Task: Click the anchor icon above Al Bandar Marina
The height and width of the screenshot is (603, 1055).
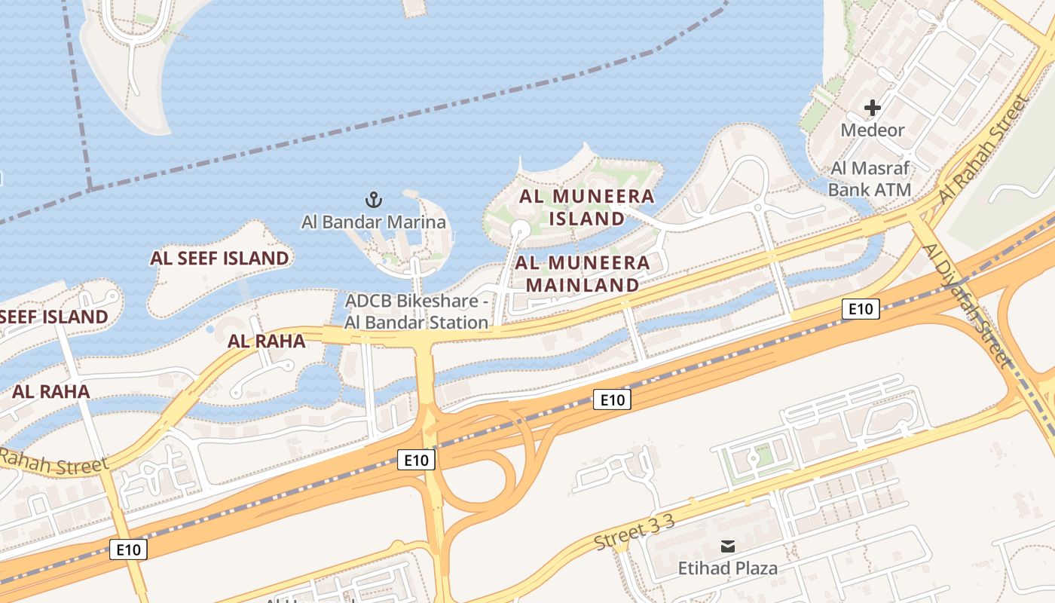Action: [x=374, y=200]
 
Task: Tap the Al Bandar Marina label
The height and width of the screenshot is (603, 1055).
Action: [x=374, y=222]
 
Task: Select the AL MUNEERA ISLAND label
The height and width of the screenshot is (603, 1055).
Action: [x=587, y=207]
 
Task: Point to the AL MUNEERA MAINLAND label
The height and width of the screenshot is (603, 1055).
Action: [x=583, y=274]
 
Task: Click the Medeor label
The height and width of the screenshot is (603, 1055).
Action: [x=872, y=130]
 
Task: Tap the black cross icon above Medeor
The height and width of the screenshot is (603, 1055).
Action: [x=872, y=109]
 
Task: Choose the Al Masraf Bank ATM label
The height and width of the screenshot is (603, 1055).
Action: [x=870, y=179]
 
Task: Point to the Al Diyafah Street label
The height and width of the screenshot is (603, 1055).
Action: [x=968, y=305]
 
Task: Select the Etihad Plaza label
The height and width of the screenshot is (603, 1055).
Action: [x=727, y=568]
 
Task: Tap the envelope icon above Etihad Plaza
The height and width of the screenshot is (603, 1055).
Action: [x=727, y=546]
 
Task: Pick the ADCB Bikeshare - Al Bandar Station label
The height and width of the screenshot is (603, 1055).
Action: [x=417, y=311]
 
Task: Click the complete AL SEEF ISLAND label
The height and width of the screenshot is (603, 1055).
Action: [x=219, y=259]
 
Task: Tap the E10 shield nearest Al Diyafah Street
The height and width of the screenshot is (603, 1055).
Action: [x=860, y=308]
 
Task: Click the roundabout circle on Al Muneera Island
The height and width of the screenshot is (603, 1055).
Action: [x=520, y=229]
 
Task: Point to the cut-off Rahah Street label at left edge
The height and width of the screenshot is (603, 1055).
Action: [x=53, y=461]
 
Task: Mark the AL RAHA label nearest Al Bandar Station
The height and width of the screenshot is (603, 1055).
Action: [x=266, y=341]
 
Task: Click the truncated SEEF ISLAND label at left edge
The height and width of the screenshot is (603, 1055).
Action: [x=53, y=317]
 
